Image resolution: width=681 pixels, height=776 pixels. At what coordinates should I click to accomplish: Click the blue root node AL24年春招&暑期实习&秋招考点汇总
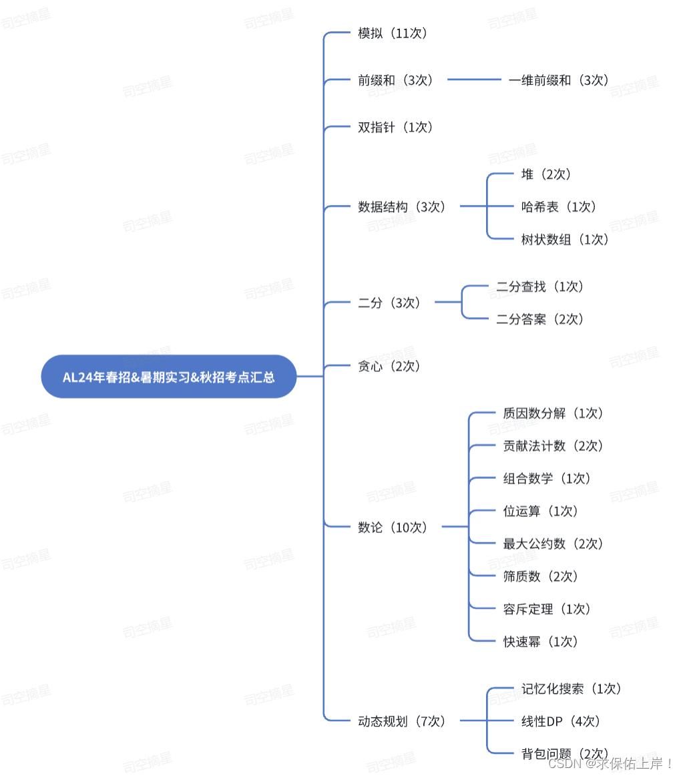168,377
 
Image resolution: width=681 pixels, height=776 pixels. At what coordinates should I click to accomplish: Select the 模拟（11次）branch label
393,33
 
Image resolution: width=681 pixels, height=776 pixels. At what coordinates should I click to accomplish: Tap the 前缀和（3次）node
396,80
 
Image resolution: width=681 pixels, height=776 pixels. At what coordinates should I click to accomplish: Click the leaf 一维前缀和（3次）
559,80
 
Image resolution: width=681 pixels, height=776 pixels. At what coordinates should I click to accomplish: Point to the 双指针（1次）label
396,128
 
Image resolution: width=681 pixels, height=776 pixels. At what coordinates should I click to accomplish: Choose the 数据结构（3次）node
402,207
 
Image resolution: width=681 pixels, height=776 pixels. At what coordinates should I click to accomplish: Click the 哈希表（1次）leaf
559,207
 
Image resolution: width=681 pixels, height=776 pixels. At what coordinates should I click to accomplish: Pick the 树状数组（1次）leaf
565,240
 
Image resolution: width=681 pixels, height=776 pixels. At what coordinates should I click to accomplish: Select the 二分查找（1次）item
540,287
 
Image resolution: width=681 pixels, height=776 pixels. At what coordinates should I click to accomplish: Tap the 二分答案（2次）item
540,320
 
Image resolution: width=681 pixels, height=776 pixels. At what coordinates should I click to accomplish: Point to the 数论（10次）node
393,528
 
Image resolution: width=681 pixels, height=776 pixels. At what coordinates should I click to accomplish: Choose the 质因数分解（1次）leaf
553,414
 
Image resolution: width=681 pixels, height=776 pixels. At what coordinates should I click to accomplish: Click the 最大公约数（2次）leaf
553,544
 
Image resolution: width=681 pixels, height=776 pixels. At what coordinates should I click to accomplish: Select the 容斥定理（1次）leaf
547,609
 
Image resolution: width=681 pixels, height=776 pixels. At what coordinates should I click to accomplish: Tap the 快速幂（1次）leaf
541,642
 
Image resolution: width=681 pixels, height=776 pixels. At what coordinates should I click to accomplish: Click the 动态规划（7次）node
402,721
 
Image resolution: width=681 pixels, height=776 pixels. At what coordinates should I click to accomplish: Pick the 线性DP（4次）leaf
561,721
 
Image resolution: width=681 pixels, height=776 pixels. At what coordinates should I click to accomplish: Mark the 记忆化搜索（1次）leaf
572,689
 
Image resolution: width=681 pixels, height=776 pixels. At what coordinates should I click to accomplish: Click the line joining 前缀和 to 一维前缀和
473,79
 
